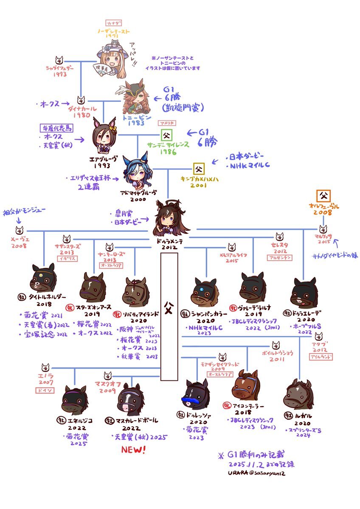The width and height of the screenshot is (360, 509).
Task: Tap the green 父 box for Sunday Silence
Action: coord(166,136)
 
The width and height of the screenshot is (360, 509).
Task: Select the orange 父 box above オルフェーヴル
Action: coord(324,196)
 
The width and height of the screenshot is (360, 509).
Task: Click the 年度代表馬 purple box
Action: coord(57,127)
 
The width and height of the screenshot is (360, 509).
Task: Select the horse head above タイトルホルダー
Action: coord(43,278)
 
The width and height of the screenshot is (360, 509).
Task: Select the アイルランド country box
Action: coord(321,357)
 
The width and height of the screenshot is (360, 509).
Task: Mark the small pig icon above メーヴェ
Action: coord(19,231)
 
